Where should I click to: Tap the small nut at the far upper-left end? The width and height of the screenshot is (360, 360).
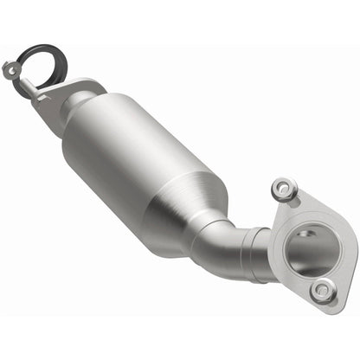11,67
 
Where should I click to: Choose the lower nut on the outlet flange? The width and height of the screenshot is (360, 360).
322,292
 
